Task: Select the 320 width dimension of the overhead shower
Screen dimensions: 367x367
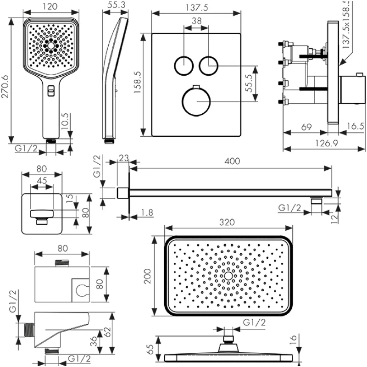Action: coord(227,222)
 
